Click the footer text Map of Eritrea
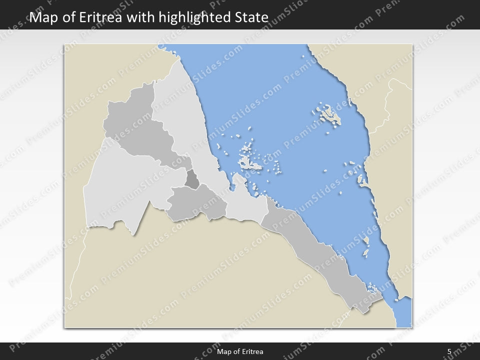tap(240, 351)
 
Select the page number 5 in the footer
tap(449, 351)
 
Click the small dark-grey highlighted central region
tap(192, 179)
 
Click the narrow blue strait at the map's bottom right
tap(402, 310)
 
